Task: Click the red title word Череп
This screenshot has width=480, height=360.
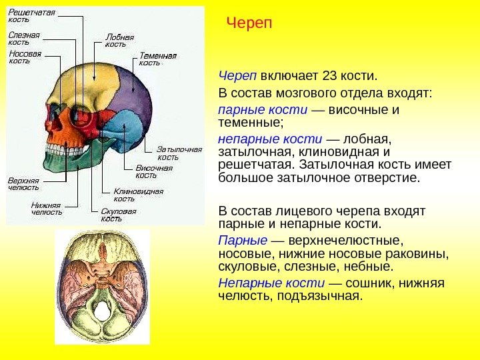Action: pyautogui.click(x=249, y=24)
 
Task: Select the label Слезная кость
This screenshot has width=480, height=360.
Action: pyautogui.click(x=24, y=38)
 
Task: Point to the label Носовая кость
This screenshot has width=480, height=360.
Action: pyautogui.click(x=25, y=56)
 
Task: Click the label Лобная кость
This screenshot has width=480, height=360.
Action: pyautogui.click(x=120, y=41)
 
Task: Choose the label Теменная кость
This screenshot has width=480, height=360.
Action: pyautogui.click(x=158, y=59)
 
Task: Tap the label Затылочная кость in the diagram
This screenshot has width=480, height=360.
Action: pyautogui.click(x=179, y=153)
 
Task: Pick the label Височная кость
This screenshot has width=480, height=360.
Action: pyautogui.click(x=154, y=171)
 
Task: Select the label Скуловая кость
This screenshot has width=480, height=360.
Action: pyautogui.click(x=119, y=215)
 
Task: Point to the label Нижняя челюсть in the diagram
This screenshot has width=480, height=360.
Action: pyautogui.click(x=47, y=209)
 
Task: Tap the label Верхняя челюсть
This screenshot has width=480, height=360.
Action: pyautogui.click(x=23, y=184)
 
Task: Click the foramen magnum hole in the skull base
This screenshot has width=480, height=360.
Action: pyautogui.click(x=102, y=311)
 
